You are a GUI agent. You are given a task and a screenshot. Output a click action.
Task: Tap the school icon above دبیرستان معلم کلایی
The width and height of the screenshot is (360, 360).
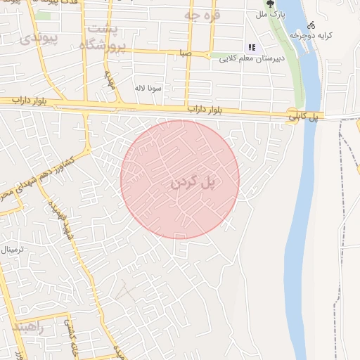point(251,48)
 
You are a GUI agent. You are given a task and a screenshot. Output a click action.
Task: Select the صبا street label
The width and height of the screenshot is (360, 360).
point(185,53)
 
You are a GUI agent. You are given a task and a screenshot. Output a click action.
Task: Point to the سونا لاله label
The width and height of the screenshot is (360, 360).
point(150,88)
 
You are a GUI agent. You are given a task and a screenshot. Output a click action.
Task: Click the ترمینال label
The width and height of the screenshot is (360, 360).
point(13,249)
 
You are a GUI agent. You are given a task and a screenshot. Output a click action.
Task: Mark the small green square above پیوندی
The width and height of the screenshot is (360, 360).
point(44,15)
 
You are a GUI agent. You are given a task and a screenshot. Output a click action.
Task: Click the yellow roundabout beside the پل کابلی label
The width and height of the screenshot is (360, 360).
point(292,112)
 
